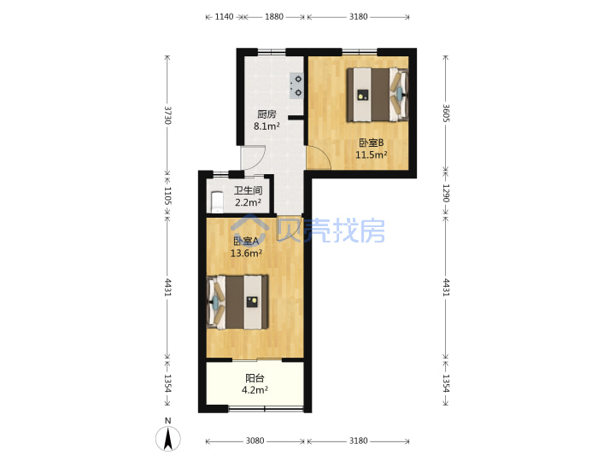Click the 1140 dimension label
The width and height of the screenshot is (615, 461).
224,16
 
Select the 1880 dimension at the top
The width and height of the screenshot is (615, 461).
274,16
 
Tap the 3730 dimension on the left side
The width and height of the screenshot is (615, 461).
167,115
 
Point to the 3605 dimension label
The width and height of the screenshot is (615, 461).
446,113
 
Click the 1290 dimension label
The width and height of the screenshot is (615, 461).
446,193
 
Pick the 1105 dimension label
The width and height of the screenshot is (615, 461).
167,195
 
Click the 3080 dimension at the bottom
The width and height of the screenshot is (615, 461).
255,441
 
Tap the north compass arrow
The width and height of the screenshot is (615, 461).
168,439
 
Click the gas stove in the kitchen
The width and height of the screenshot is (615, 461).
296,85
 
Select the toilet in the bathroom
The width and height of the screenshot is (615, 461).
216,201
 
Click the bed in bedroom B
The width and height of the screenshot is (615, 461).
378,95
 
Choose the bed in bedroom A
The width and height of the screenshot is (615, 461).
237,302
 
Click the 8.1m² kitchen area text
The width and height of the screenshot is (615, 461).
266,126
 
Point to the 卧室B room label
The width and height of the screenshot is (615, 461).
371,143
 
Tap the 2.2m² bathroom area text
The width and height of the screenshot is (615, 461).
248,202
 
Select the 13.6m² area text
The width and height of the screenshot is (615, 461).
246,254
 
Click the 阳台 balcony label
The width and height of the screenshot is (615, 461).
255,378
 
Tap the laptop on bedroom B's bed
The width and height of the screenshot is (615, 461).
363,95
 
